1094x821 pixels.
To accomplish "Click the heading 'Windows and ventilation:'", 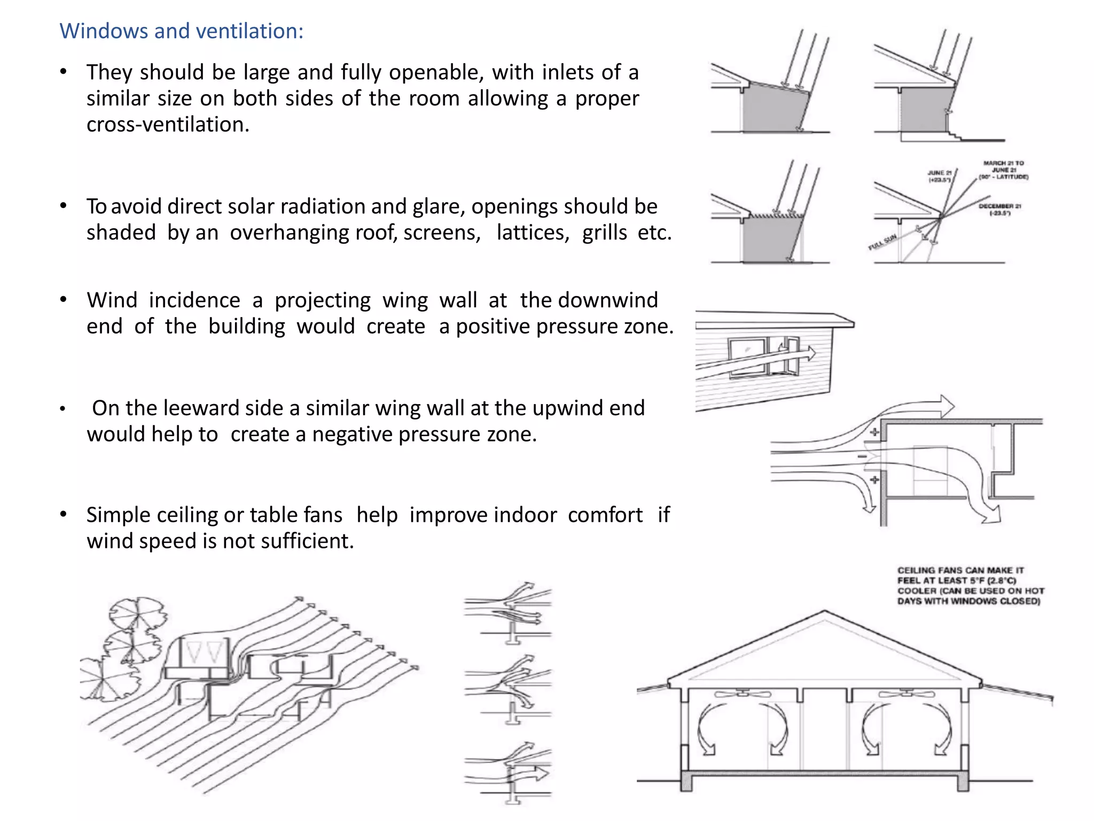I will [181, 31].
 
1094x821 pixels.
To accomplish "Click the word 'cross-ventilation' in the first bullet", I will [167, 125].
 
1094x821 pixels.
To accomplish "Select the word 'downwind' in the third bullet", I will [608, 300].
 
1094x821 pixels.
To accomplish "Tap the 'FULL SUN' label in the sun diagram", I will [882, 242].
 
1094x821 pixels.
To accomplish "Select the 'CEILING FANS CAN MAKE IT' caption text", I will [960, 570].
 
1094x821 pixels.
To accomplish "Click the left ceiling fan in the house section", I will [743, 694].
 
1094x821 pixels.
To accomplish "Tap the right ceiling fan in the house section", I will [907, 694].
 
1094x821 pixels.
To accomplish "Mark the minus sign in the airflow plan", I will [862, 456].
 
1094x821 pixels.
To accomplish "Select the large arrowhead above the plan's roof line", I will [945, 406].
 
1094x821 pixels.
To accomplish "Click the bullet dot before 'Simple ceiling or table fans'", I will [63, 515].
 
